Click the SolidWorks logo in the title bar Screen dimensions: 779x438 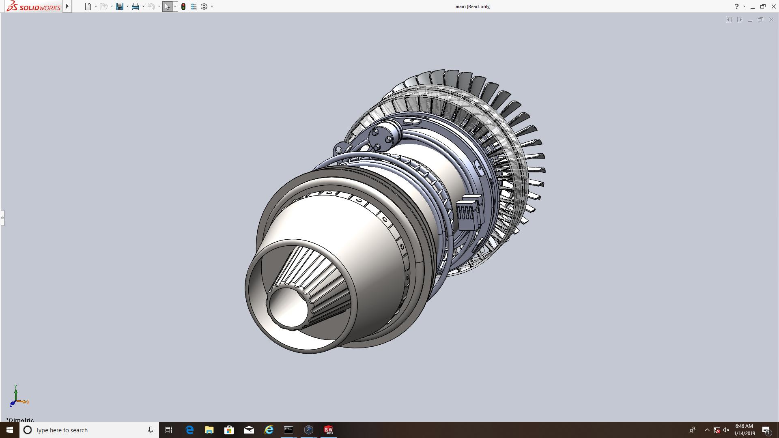tap(34, 6)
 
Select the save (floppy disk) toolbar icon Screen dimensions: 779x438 tap(119, 6)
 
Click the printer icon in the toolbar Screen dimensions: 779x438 tap(136, 6)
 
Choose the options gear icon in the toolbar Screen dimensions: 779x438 tap(204, 6)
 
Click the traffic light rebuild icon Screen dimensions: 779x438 tap(183, 6)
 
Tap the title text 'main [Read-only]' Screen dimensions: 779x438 tap(473, 6)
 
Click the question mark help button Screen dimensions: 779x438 tap(736, 6)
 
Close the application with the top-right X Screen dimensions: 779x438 tap(773, 6)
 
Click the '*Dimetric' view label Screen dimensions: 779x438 tap(20, 420)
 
